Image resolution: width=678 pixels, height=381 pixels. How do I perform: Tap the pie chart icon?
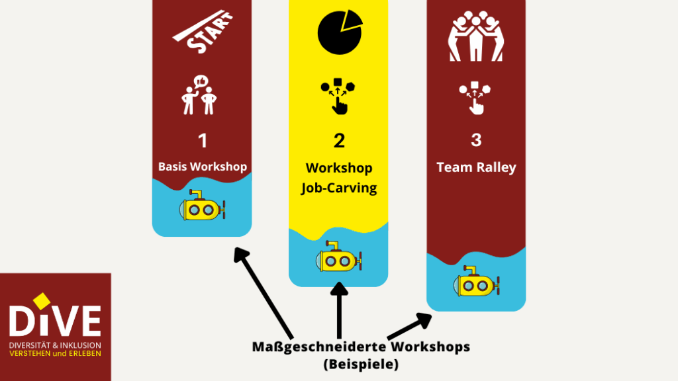340,31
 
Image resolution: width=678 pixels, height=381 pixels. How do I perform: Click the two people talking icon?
201,95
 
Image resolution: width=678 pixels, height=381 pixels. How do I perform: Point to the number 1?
203,140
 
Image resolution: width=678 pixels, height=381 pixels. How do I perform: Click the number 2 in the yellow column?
339,140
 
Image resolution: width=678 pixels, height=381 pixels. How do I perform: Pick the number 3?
476,140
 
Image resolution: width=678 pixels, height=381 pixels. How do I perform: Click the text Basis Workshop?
203,167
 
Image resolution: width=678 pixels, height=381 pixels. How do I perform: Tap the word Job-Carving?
339,188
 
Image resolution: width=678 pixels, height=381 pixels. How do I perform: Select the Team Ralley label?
476,167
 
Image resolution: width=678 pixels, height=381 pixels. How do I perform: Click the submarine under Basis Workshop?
202,207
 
